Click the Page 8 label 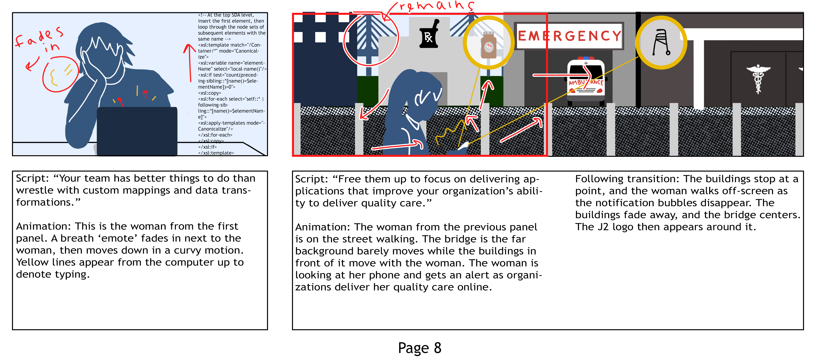(x=419, y=348)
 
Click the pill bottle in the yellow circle (x=488, y=46)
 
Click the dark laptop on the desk (x=137, y=130)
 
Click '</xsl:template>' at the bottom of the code (x=216, y=153)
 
